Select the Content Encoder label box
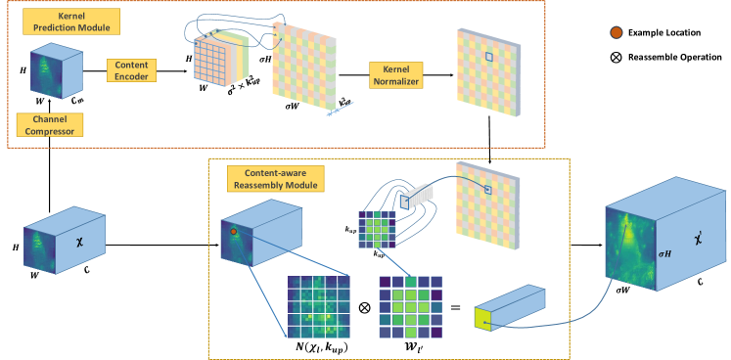pos(132,69)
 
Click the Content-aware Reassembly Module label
pos(275,178)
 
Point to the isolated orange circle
pos(617,32)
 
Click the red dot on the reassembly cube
pos(235,232)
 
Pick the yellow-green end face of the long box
pos(483,318)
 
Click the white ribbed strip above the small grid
pos(419,197)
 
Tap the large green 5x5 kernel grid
pos(403,306)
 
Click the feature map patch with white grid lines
pos(318,306)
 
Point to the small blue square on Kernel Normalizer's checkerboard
pos(485,59)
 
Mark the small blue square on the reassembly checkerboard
pos(486,189)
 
